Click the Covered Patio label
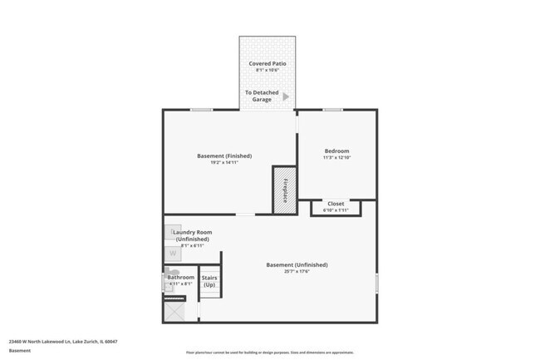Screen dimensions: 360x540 point(268,63)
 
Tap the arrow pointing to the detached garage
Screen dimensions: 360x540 point(286,96)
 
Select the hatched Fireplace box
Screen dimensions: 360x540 point(285,190)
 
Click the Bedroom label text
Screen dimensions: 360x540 point(336,150)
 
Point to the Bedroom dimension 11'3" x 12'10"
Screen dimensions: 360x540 point(336,158)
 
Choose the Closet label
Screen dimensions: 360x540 point(336,204)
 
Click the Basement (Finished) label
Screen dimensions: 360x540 point(224,155)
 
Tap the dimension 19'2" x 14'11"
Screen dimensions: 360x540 point(224,163)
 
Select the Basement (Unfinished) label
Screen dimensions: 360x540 point(297,264)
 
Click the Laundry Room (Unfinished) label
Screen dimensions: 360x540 point(192,235)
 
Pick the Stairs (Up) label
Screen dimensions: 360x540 point(209,281)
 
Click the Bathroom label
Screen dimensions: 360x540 point(180,277)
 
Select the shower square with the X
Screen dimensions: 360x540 point(176,311)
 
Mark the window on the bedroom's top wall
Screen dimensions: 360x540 point(333,110)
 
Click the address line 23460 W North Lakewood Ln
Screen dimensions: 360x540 point(63,341)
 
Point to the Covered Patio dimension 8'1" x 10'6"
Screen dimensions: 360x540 point(268,71)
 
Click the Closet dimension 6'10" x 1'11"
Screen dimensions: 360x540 point(336,211)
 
